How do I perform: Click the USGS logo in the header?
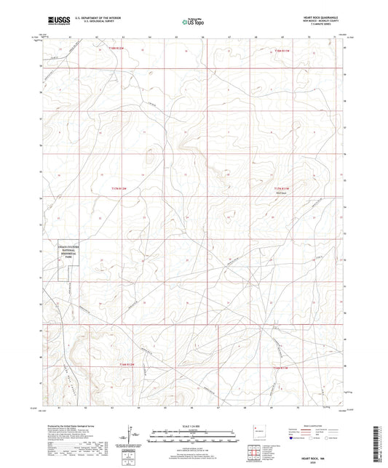(x=56, y=20)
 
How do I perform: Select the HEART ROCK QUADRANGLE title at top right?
(x=317, y=16)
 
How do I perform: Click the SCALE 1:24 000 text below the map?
(x=194, y=426)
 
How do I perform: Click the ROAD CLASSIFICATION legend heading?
(x=318, y=426)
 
